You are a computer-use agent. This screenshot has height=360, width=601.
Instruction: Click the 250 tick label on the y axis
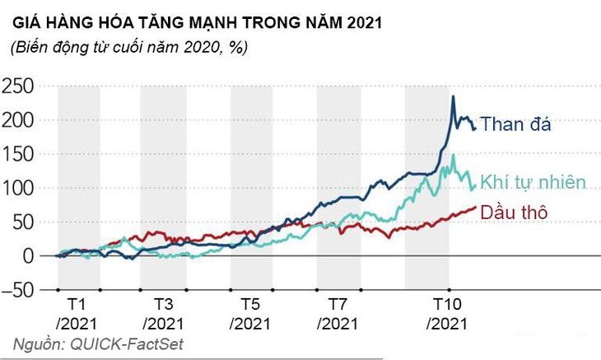(18, 86)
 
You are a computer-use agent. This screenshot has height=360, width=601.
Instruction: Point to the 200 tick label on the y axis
(18, 120)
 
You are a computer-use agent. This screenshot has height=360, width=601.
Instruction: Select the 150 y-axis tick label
(18, 154)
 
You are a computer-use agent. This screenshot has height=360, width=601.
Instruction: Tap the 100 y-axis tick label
(18, 188)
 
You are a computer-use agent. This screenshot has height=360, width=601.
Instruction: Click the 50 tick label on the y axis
(23, 222)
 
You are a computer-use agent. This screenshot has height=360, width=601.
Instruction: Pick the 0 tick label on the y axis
(29, 255)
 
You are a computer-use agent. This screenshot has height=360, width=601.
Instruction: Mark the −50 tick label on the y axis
(18, 290)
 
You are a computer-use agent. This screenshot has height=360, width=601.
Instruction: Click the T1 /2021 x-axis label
(77, 311)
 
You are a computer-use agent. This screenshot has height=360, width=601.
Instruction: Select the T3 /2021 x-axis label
(163, 311)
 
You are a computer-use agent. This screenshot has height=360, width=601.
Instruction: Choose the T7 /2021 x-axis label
(338, 311)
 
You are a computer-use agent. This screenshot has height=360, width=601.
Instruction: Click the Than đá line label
(515, 125)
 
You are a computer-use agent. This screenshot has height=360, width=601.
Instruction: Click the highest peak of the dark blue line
(454, 97)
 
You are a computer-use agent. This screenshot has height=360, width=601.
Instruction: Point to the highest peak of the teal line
(453, 155)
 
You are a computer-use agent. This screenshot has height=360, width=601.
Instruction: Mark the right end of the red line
(476, 208)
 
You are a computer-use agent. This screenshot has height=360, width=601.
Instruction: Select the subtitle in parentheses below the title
(129, 48)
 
